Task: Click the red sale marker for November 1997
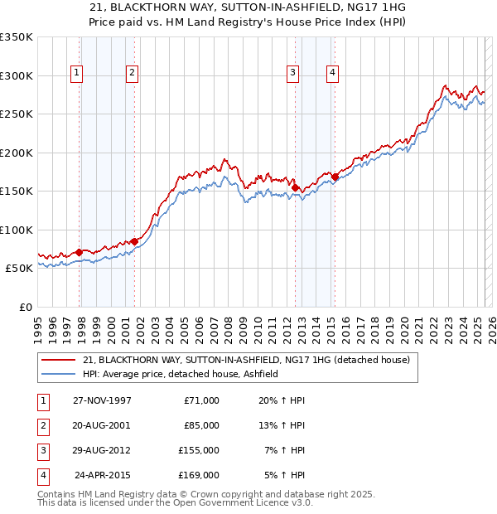click(x=80, y=252)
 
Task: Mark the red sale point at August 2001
click(x=135, y=241)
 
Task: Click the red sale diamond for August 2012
click(x=296, y=188)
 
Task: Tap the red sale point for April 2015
click(x=335, y=177)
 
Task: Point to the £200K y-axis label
click(x=17, y=153)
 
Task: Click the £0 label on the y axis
click(x=26, y=307)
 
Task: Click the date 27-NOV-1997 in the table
click(x=102, y=400)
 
